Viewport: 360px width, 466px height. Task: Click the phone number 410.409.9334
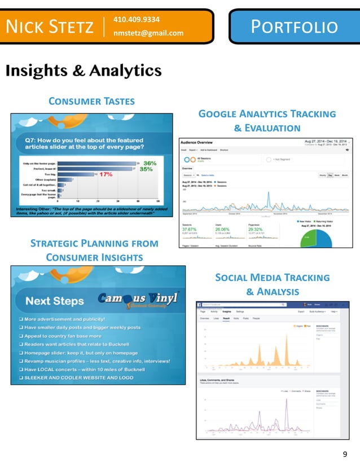136,19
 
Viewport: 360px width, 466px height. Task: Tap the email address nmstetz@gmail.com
148,33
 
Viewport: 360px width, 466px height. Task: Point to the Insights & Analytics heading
84,71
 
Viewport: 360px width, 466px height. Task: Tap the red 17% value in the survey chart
105,174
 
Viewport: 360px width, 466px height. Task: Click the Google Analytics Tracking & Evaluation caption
267,121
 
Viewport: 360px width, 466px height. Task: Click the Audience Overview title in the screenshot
201,142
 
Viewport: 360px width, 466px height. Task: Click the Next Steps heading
54,301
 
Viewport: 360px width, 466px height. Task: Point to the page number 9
345,454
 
